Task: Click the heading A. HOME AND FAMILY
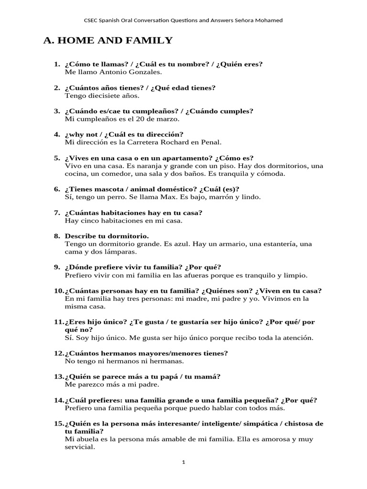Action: [x=108, y=41]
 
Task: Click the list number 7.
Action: [x=57, y=213]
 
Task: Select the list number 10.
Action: [x=58, y=291]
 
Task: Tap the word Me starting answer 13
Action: [x=70, y=384]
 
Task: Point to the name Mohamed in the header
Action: [x=269, y=21]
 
